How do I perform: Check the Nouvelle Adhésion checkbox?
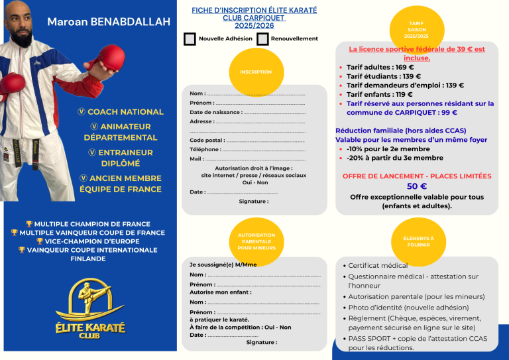190,38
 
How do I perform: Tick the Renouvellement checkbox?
262,38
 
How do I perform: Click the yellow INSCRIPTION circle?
255,72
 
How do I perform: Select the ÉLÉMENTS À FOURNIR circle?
418,241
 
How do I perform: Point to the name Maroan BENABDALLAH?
108,23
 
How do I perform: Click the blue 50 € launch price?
416,186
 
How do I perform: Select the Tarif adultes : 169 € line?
380,67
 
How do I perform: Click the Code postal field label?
207,140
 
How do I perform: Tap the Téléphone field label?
205,149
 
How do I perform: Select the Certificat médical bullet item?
378,265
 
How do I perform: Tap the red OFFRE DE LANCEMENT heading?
416,176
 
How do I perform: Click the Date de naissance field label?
215,112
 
